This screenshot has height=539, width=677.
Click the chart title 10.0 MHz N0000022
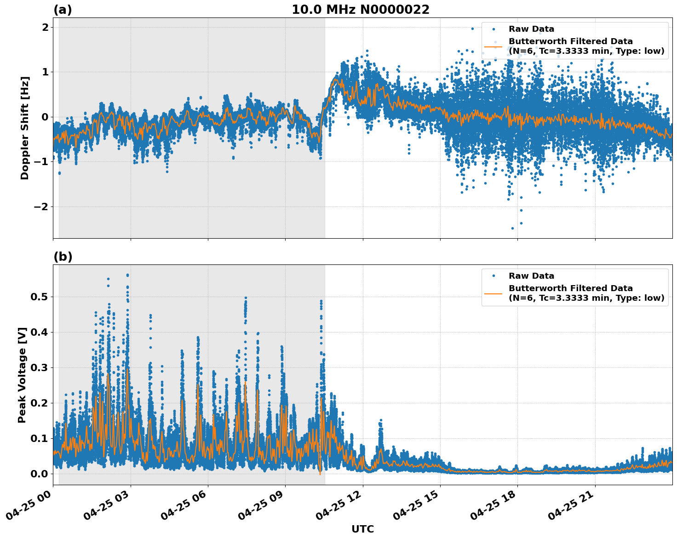(360, 10)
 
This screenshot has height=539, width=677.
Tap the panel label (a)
(63, 10)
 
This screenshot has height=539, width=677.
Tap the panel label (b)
(63, 257)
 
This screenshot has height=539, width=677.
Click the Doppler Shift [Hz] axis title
(25, 128)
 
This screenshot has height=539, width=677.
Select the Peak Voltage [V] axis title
(22, 375)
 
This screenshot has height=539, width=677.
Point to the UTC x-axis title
(362, 529)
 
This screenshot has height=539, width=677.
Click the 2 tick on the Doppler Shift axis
(45, 27)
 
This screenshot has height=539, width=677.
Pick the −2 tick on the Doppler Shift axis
(41, 206)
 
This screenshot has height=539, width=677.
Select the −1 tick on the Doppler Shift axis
(41, 161)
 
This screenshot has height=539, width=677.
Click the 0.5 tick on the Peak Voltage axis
(39, 297)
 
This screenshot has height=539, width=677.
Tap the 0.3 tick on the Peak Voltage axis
(39, 367)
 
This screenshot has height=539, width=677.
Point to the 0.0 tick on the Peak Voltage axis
(39, 474)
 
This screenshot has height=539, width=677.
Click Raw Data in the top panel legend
(531, 29)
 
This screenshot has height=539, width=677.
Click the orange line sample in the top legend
(493, 46)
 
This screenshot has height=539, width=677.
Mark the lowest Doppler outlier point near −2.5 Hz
(512, 228)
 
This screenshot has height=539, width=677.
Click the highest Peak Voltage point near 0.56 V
(127, 275)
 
